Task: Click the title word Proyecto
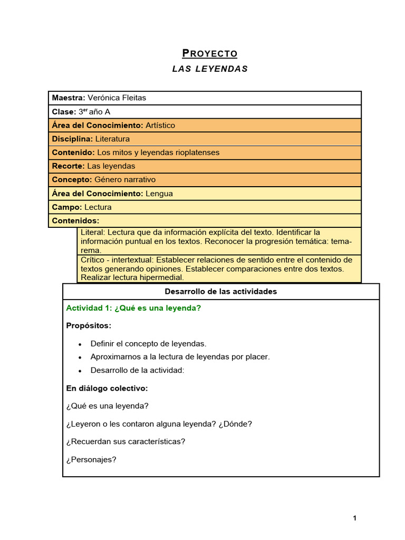click(x=210, y=53)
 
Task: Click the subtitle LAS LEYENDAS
click(x=210, y=69)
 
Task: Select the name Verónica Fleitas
click(x=117, y=98)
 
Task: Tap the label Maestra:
click(x=69, y=98)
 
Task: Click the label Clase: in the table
click(x=64, y=112)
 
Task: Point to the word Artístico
click(x=160, y=126)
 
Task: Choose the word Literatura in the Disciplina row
click(x=112, y=139)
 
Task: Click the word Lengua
click(x=159, y=194)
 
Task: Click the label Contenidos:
click(x=75, y=220)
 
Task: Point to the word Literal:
click(x=93, y=232)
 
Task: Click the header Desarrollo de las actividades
click(x=221, y=292)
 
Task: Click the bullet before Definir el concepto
click(x=80, y=344)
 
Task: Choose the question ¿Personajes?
click(x=91, y=459)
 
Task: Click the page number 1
click(x=355, y=518)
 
